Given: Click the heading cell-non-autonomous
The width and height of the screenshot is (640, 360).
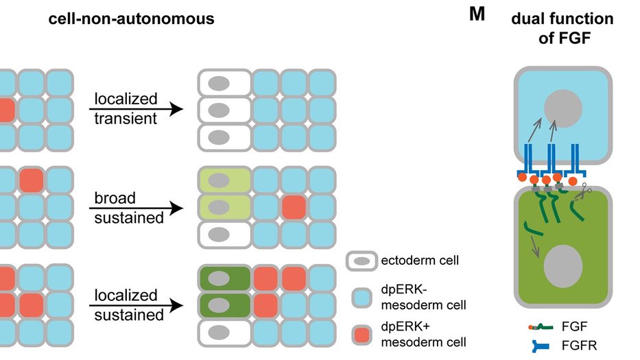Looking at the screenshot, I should pyautogui.click(x=131, y=19).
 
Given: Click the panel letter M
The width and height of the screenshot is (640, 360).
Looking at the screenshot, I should pyautogui.click(x=477, y=14).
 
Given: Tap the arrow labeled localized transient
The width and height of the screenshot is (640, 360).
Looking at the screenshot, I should pyautogui.click(x=137, y=108).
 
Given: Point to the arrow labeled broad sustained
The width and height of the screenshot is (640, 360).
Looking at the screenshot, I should pyautogui.click(x=137, y=208).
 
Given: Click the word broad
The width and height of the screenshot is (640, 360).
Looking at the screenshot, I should pyautogui.click(x=115, y=198).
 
